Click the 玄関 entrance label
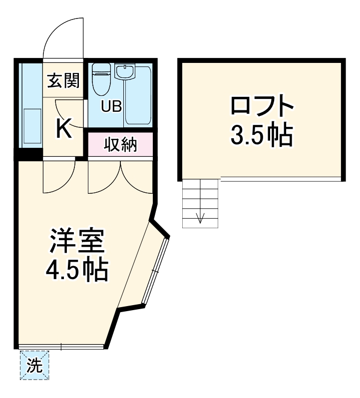pyautogui.click(x=63, y=79)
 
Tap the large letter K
pyautogui.click(x=63, y=128)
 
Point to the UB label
pyautogui.click(x=111, y=106)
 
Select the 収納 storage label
pyautogui.click(x=120, y=145)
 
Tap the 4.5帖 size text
pyautogui.click(x=76, y=270)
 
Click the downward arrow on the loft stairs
pyautogui.click(x=201, y=217)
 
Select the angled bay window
pyautogui.click(x=156, y=270)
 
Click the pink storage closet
pyautogui.click(x=120, y=145)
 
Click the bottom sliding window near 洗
pyautogui.click(x=61, y=346)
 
